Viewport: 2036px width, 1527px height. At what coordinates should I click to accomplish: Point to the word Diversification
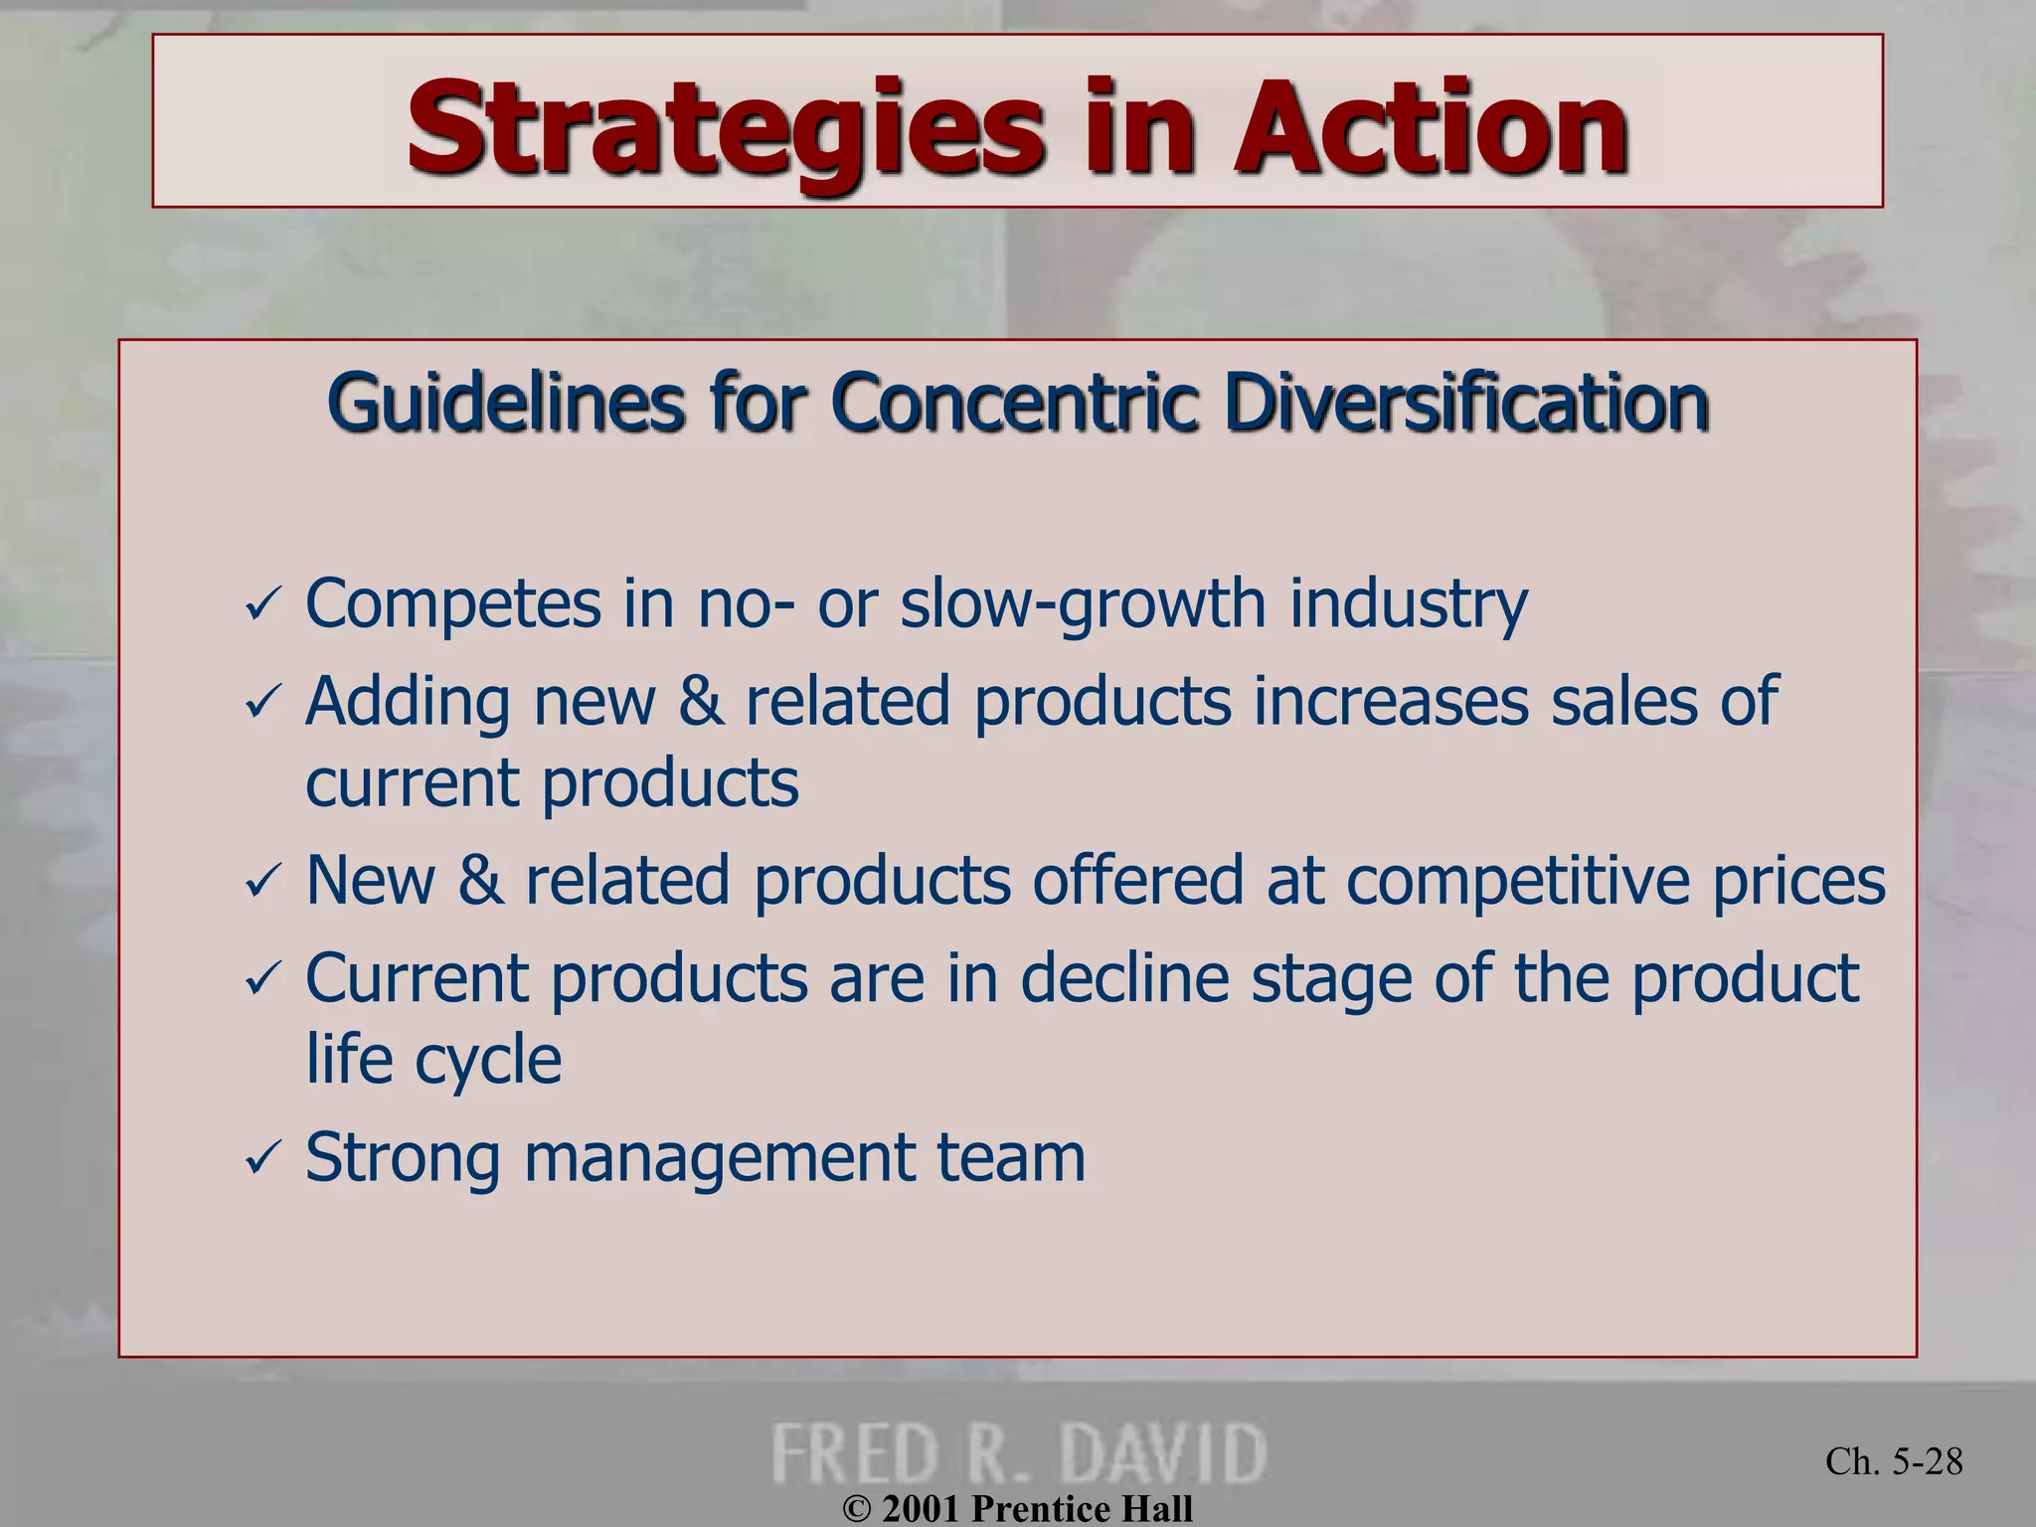pyautogui.click(x=1466, y=403)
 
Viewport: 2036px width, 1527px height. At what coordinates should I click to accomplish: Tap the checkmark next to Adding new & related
pyautogui.click(x=262, y=703)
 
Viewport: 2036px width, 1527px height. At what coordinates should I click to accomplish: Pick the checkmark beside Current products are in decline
pyautogui.click(x=262, y=979)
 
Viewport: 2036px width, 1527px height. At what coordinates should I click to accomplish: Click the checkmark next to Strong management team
pyautogui.click(x=262, y=1158)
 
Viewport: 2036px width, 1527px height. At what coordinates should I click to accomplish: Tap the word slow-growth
pyautogui.click(x=1083, y=604)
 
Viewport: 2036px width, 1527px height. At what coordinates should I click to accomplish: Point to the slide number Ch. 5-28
pyautogui.click(x=1894, y=1461)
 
